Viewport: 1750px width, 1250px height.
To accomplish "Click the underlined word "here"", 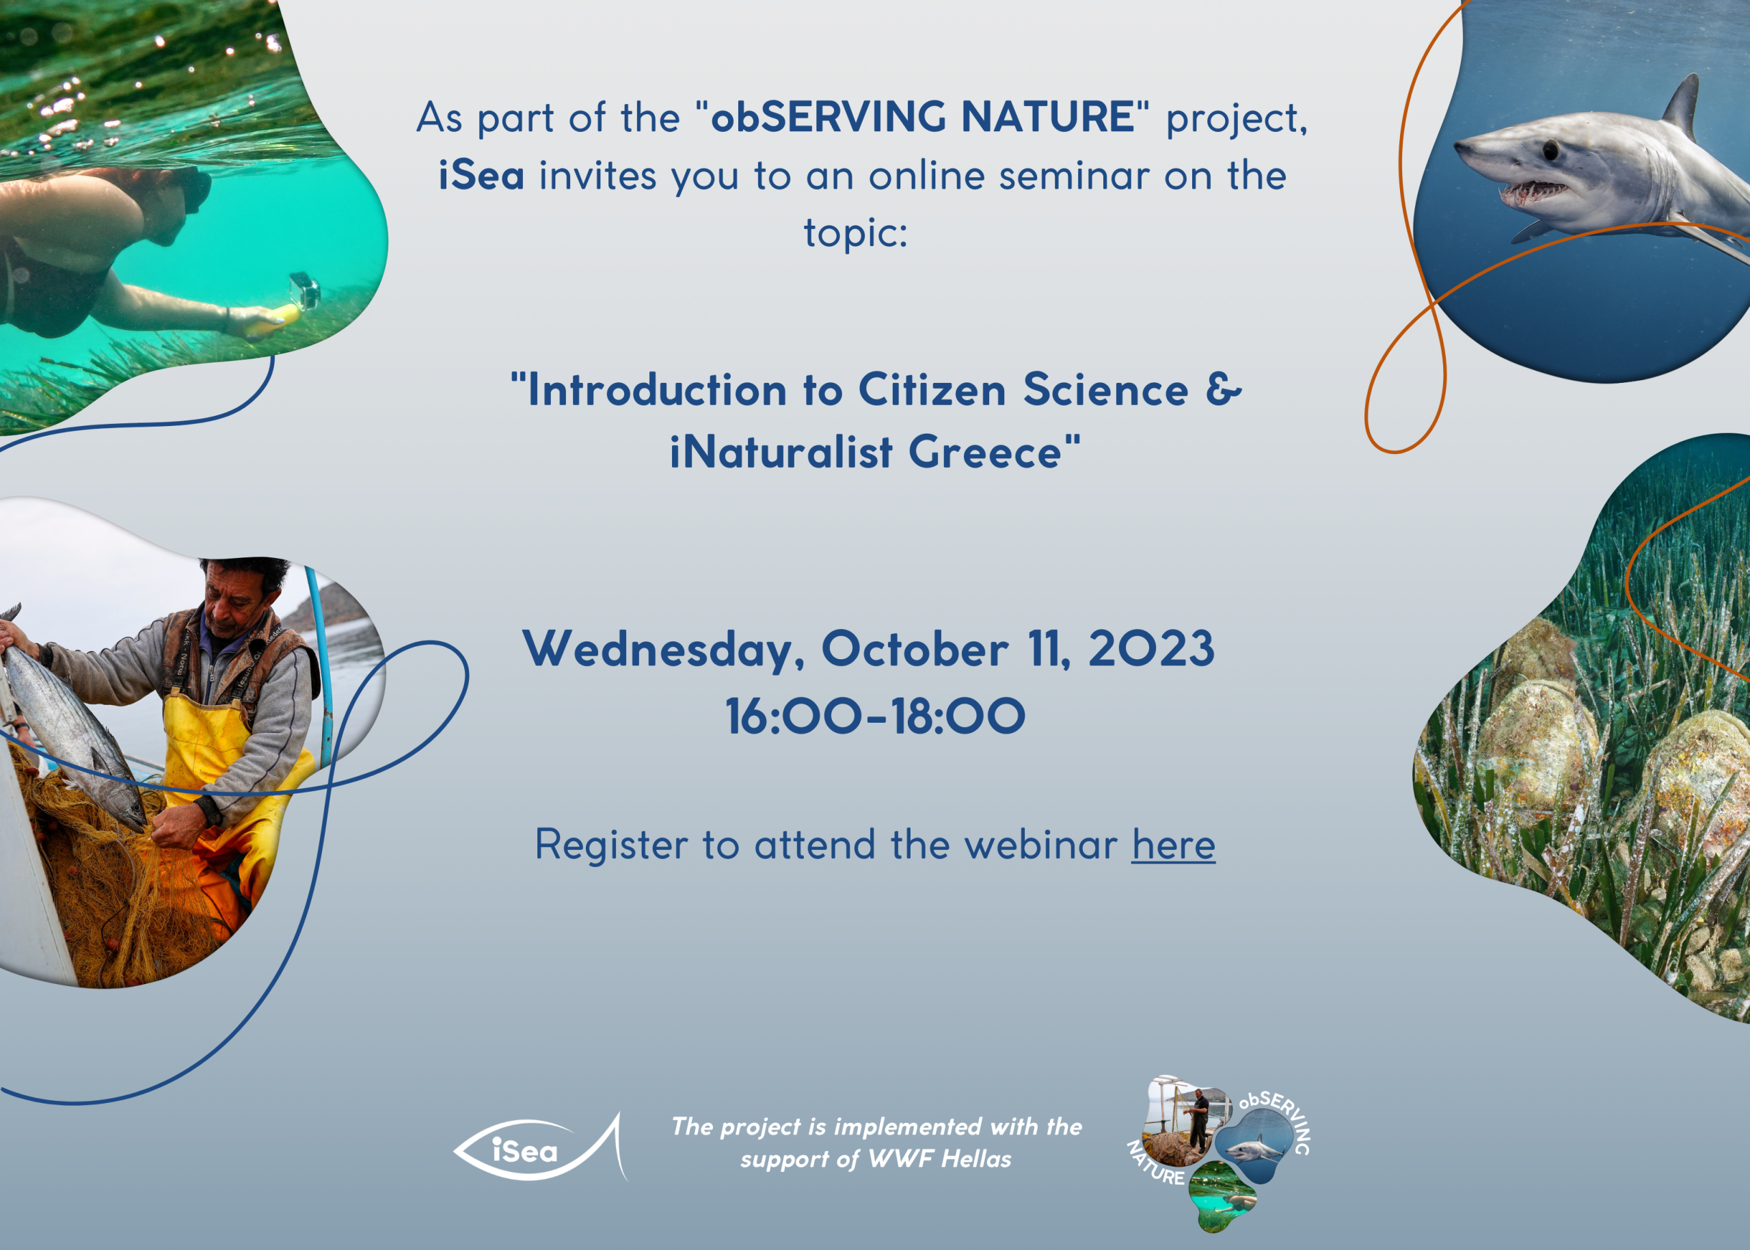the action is pyautogui.click(x=1173, y=845).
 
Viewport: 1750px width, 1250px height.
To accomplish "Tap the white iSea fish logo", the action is pyautogui.click(x=541, y=1147).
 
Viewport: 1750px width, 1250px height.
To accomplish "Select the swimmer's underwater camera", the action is pyautogui.click(x=304, y=290).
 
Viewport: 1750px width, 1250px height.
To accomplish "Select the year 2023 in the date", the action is pyautogui.click(x=1150, y=649).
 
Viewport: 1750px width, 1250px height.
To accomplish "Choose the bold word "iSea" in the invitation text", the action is pyautogui.click(x=481, y=175).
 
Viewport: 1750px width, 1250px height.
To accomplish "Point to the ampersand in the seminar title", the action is pyautogui.click(x=1223, y=390).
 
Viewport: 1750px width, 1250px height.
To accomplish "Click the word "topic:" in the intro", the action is pyautogui.click(x=855, y=233).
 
